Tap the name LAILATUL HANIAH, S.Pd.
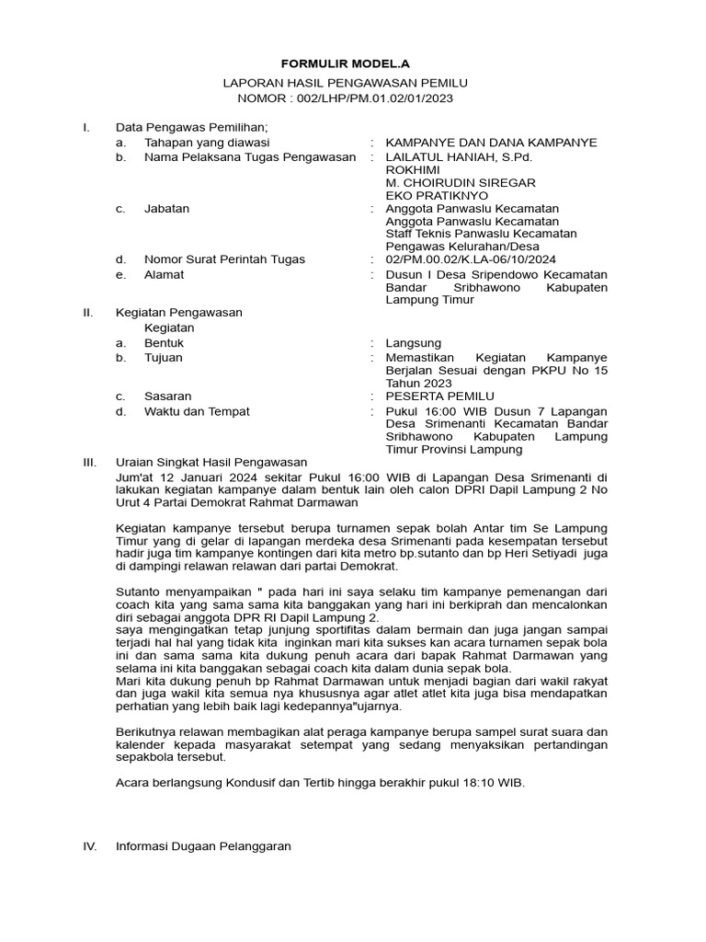(459, 157)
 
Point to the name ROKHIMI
(413, 170)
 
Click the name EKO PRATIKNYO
(437, 196)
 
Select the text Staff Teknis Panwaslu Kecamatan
(481, 234)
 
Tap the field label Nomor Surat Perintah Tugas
(224, 260)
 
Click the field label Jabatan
(166, 209)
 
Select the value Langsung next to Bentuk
(414, 343)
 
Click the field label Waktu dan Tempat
(197, 411)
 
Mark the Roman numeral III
(90, 462)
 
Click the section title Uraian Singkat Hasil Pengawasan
(211, 462)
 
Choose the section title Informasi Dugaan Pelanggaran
(203, 845)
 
